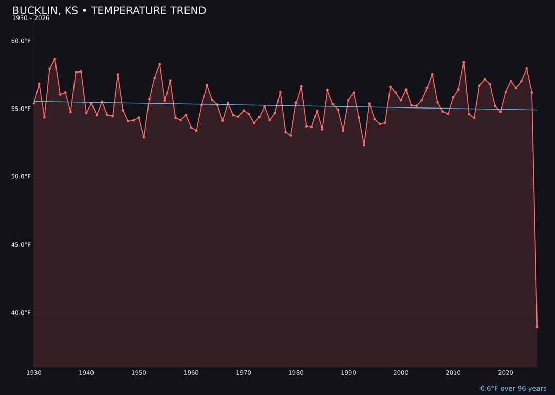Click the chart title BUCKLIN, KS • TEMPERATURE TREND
(109, 11)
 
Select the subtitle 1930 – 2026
(31, 19)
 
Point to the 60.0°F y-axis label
(21, 41)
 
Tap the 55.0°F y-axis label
(21, 109)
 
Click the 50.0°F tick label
(21, 177)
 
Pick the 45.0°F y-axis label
(21, 245)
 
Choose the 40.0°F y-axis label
(21, 313)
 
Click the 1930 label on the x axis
(34, 373)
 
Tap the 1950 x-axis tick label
(139, 373)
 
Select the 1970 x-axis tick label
(244, 373)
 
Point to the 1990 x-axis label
(348, 373)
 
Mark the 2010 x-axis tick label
(453, 373)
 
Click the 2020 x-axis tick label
(506, 373)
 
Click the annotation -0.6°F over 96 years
(512, 389)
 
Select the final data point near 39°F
(537, 327)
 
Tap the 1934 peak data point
(55, 59)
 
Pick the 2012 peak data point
(464, 63)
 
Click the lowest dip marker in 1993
(364, 145)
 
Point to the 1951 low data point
(144, 137)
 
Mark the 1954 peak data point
(160, 64)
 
